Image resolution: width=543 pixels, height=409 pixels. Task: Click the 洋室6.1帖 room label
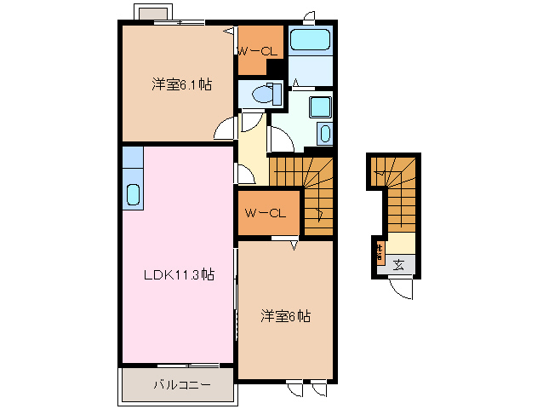coord(181,84)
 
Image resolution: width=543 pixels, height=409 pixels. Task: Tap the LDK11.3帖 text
coord(177,274)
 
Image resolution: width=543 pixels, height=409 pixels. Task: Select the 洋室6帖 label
coord(285,316)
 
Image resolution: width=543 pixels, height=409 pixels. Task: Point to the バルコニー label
coord(181,385)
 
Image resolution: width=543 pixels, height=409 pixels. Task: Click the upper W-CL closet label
coord(257,52)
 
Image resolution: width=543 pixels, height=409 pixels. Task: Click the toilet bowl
coord(270,95)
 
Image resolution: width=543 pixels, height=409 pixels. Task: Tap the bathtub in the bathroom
coord(310,40)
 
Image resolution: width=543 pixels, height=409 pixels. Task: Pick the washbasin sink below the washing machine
coord(323,134)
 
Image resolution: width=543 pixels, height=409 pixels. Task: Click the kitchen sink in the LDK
coord(133,193)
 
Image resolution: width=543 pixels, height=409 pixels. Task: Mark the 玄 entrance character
coord(399,265)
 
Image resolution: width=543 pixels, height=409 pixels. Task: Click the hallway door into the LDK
coord(245,176)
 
